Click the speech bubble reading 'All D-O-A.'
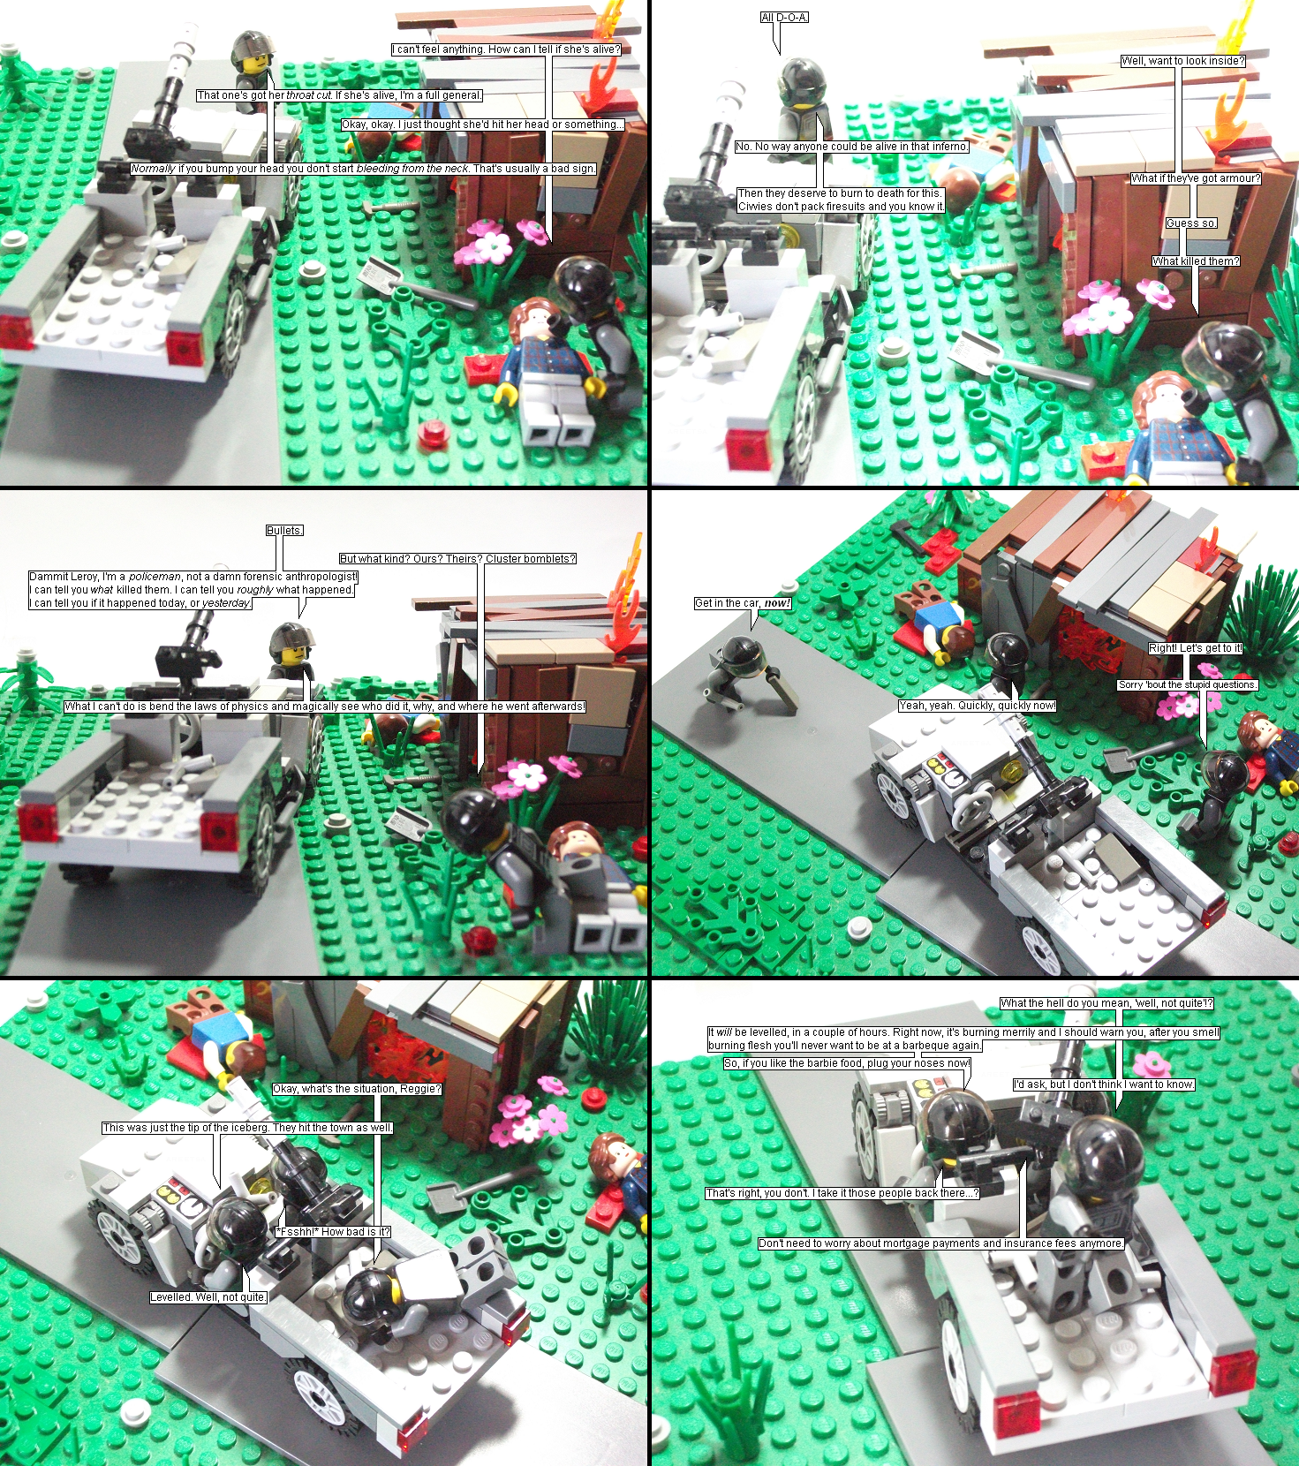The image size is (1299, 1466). tap(784, 18)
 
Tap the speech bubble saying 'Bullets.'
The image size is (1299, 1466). tap(284, 531)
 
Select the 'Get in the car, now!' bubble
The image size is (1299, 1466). tap(743, 603)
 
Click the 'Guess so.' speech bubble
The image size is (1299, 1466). tap(1191, 223)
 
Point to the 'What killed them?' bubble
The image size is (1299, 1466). tap(1197, 261)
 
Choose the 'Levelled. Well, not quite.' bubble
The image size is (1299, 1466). tap(208, 1297)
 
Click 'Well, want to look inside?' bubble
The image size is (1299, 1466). tap(1183, 61)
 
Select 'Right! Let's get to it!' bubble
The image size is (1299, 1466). tap(1196, 648)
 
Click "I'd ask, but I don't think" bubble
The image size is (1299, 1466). tap(1104, 1084)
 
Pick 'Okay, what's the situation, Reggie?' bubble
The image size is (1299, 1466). tap(357, 1089)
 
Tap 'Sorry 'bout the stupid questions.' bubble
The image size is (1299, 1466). tap(1188, 684)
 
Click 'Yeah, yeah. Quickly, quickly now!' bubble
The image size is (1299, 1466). tap(978, 706)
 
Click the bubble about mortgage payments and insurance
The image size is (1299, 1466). tap(941, 1243)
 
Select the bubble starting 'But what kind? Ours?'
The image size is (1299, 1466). tap(458, 559)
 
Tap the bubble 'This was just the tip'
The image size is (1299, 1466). tap(247, 1128)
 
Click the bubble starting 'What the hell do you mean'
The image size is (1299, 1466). tap(1107, 1003)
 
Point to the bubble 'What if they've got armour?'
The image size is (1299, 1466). tap(1197, 178)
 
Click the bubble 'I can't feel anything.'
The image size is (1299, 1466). tap(507, 49)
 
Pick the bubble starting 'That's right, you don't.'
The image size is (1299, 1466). tap(842, 1193)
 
